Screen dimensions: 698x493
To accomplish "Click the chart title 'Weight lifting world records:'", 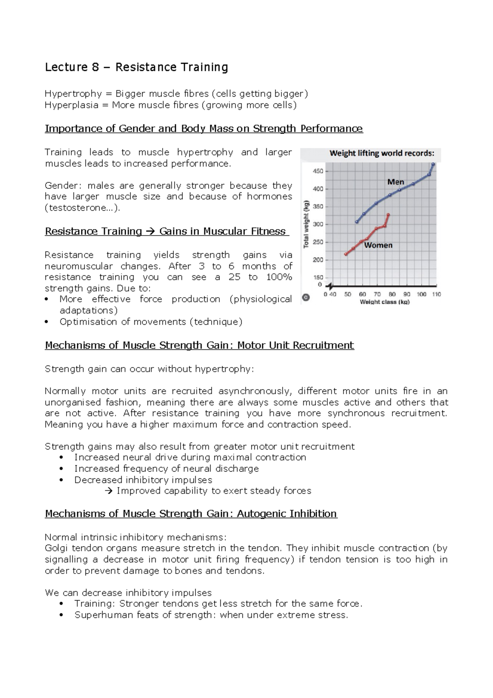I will (382, 153).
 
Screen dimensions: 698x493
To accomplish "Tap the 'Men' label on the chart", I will (396, 182).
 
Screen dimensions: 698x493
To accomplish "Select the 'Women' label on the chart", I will (378, 245).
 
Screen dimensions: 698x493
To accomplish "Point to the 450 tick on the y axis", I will (318, 171).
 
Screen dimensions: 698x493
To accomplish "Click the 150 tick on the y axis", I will (318, 277).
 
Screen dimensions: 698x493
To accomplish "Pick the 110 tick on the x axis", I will (436, 294).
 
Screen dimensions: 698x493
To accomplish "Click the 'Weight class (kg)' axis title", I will (385, 302).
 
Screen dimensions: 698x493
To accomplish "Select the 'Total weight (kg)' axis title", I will (306, 224).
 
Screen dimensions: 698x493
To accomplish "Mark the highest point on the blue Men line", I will (433, 164).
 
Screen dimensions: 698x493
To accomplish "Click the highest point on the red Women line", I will (388, 215).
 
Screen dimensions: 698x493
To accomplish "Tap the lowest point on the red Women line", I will (346, 254).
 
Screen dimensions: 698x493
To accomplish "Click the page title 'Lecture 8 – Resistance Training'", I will (136, 67).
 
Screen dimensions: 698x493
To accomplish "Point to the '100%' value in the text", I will (279, 277).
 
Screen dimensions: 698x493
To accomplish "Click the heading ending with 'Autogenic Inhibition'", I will (191, 514).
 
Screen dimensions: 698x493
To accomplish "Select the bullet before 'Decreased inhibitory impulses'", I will (61, 480).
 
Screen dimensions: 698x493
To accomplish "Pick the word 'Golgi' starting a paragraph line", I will (56, 548).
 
